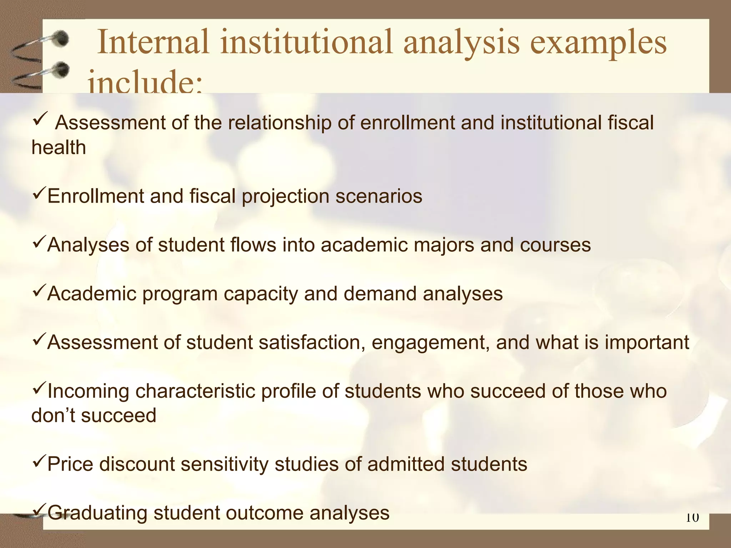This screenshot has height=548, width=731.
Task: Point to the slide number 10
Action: (692, 517)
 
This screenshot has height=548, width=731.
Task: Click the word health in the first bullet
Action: (59, 148)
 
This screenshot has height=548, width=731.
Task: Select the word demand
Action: (380, 294)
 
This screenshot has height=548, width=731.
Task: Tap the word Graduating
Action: (97, 513)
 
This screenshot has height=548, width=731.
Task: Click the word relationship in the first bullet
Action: (279, 123)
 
